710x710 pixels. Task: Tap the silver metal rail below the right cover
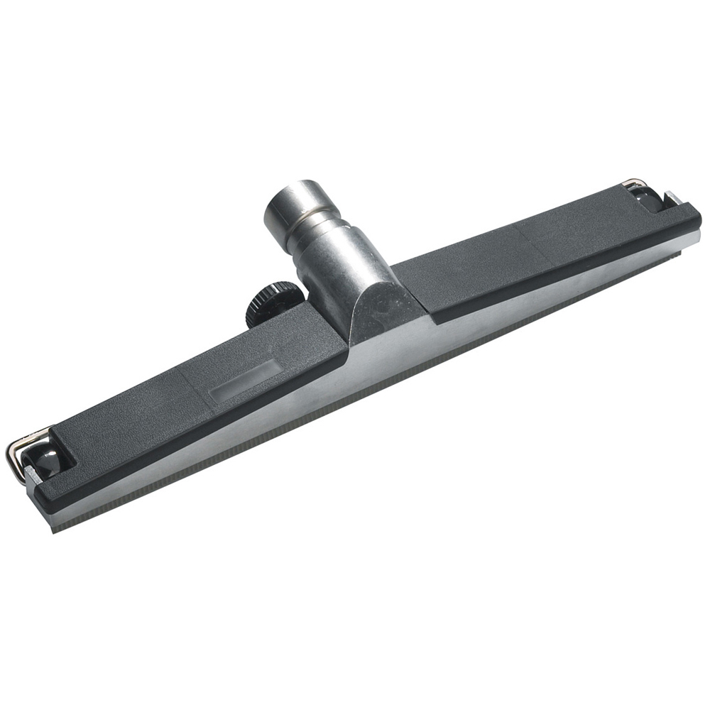554,298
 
